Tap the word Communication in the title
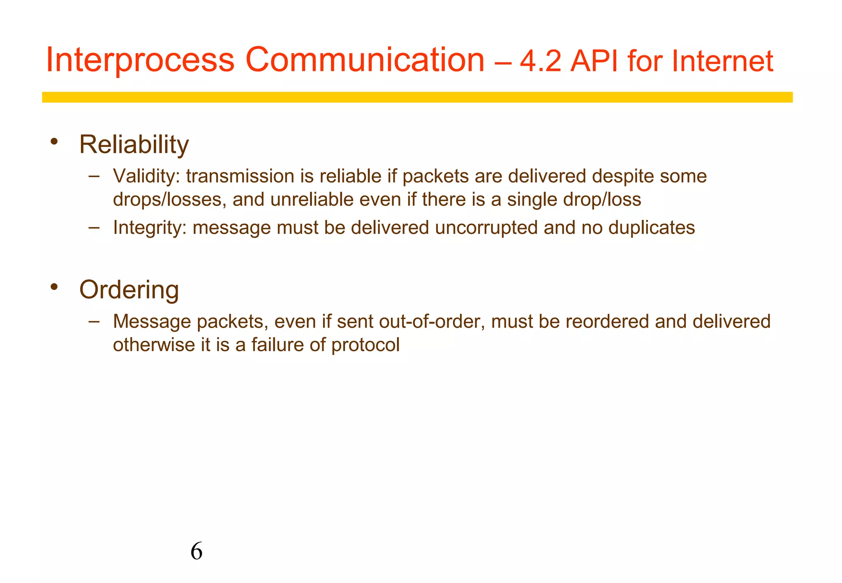coord(365,60)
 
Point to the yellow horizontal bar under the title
coord(417,97)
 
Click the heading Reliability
coord(134,145)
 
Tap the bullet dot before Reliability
coord(54,142)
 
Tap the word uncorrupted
coord(486,228)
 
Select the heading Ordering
coord(129,290)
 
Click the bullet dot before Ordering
coord(54,287)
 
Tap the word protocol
coord(365,345)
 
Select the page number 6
coord(197,551)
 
